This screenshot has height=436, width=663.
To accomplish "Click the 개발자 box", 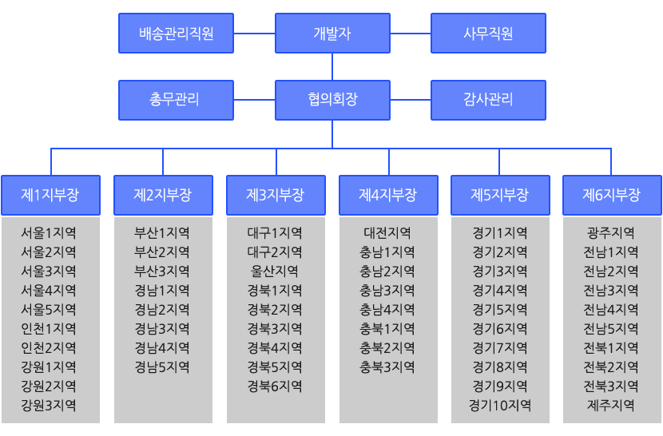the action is click(332, 33).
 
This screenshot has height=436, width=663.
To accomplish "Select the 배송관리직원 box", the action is click(176, 33).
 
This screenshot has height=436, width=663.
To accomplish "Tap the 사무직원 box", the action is click(488, 33).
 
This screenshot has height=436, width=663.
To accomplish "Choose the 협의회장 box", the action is click(332, 101).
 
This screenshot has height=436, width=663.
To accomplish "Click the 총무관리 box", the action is click(176, 101).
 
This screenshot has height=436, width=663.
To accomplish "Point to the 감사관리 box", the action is click(488, 101).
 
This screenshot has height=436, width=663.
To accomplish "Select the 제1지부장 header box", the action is click(51, 195).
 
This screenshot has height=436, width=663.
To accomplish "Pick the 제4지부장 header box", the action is click(388, 195).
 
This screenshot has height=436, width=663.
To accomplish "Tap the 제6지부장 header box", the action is click(612, 195).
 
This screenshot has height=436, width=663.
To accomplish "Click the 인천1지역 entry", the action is click(49, 328).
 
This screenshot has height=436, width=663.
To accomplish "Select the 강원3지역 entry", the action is click(49, 405).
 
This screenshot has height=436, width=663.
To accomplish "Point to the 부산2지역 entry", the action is click(162, 252).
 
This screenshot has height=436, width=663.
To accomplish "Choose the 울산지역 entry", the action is click(275, 271).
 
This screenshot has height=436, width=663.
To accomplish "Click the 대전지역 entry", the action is click(387, 232).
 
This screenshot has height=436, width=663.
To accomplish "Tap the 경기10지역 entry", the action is click(500, 405).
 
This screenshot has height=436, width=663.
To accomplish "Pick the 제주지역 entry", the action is click(611, 405).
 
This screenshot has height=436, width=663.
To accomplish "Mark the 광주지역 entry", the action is click(611, 232).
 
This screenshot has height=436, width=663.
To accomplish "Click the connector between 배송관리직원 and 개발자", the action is click(255, 33).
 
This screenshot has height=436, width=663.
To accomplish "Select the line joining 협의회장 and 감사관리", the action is click(411, 101).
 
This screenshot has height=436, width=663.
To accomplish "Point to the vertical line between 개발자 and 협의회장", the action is click(332, 67).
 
